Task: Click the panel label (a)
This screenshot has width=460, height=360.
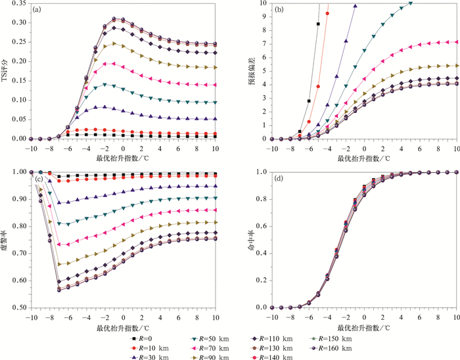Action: (x=37, y=10)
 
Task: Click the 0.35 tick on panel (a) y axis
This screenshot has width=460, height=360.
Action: (x=20, y=3)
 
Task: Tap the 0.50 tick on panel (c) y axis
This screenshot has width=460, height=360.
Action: (x=20, y=307)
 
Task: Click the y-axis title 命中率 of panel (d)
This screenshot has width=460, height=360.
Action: (x=248, y=239)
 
